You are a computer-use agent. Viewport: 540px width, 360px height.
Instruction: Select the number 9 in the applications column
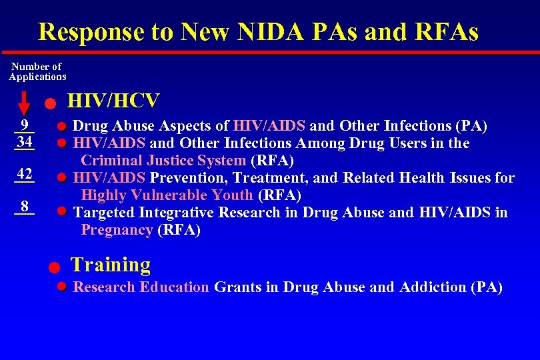pyautogui.click(x=24, y=125)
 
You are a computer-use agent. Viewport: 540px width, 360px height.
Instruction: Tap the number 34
pyautogui.click(x=25, y=142)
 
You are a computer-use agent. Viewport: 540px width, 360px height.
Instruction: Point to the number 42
pyautogui.click(x=25, y=174)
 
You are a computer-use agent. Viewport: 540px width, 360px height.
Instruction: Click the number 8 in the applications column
pyautogui.click(x=24, y=206)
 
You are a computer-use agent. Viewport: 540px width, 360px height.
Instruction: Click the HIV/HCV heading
pyautogui.click(x=114, y=101)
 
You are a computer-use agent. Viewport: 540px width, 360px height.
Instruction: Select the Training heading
pyautogui.click(x=111, y=265)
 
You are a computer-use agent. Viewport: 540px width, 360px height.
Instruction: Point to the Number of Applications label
pyautogui.click(x=37, y=71)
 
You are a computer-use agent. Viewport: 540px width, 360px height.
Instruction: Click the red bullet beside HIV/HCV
pyautogui.click(x=50, y=104)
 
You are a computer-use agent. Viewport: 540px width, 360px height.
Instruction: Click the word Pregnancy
pyautogui.click(x=117, y=230)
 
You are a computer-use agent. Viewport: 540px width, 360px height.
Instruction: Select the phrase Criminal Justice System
pyautogui.click(x=163, y=161)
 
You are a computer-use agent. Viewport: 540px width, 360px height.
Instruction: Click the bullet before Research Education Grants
pyautogui.click(x=61, y=287)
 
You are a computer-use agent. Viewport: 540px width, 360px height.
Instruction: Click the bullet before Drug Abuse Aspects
pyautogui.click(x=61, y=125)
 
